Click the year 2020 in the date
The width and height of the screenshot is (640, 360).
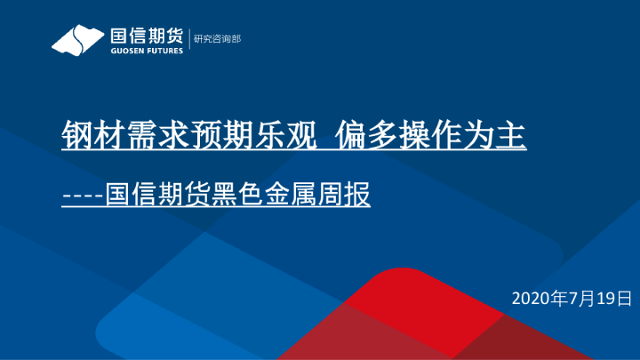[532, 296]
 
